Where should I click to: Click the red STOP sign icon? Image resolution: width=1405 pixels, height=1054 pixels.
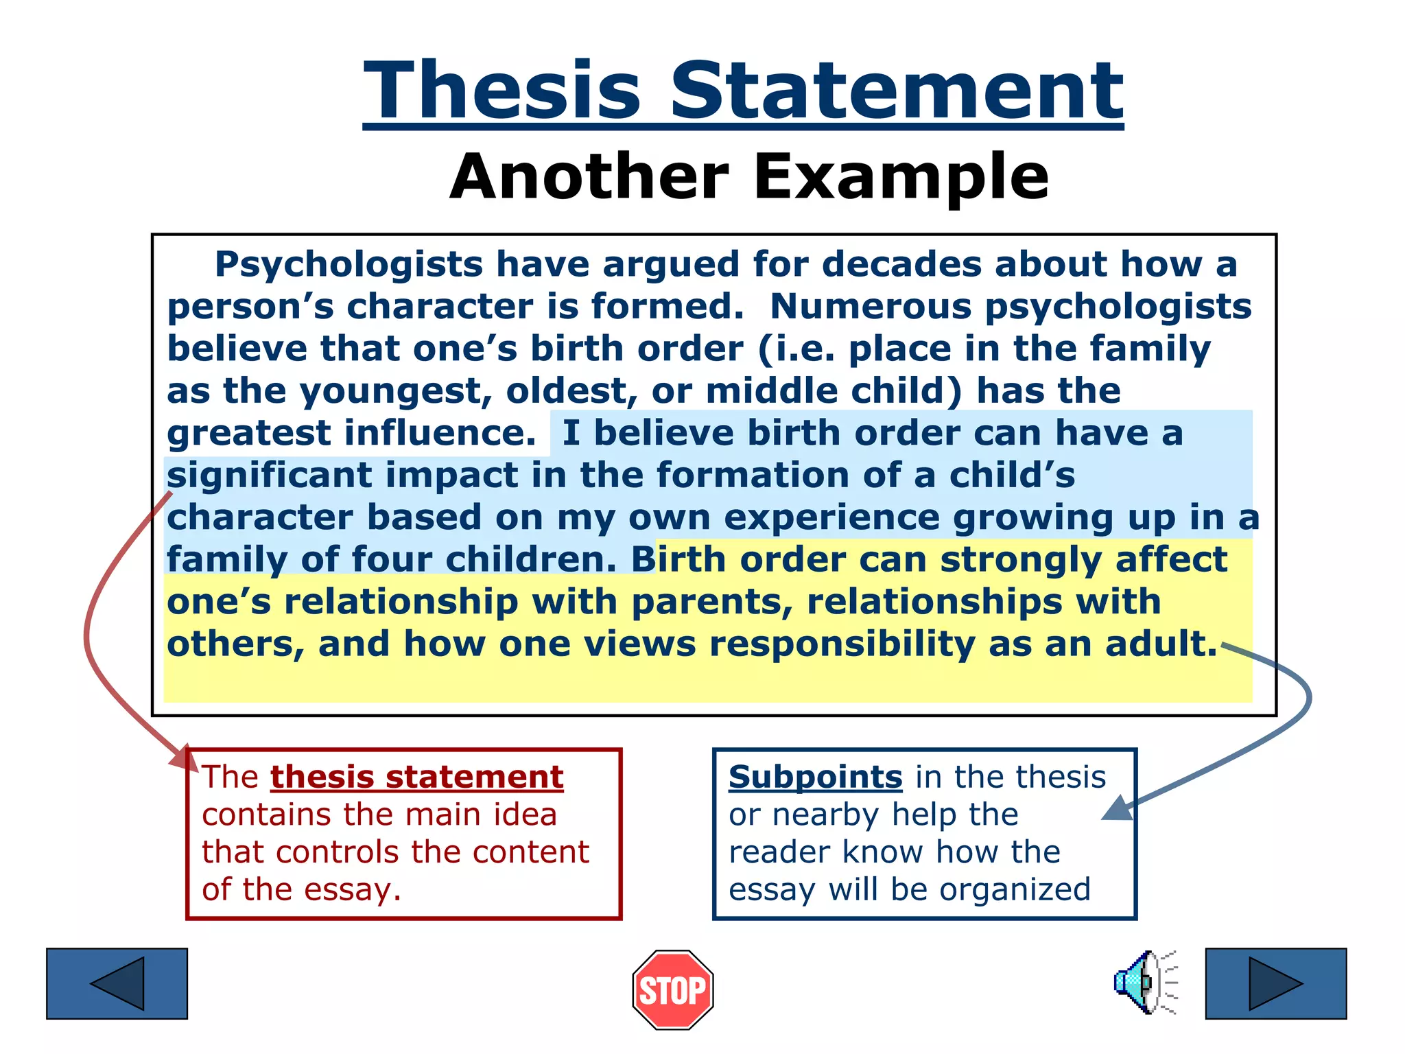(x=672, y=989)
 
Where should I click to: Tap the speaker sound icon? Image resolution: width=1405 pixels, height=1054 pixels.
(x=1144, y=983)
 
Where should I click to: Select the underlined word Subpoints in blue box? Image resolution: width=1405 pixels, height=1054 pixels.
(x=815, y=777)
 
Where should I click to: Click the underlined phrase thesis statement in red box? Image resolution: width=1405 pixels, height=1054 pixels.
(x=416, y=777)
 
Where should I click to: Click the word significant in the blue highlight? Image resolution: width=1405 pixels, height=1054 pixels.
(x=269, y=476)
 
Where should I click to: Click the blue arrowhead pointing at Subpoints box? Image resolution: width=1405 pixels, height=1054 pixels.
(x=1116, y=809)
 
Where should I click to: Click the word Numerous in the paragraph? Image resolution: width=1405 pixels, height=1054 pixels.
(x=870, y=307)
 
